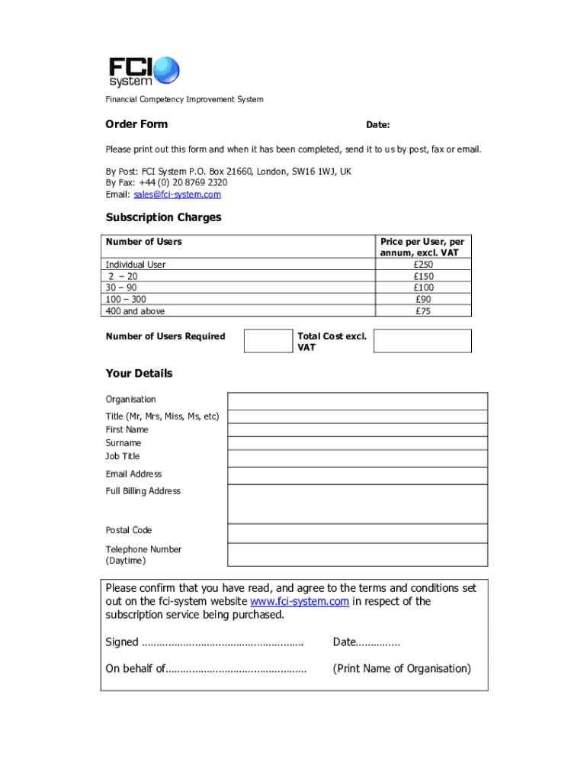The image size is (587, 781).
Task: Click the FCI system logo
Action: [x=143, y=71]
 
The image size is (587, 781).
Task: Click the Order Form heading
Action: [x=136, y=124]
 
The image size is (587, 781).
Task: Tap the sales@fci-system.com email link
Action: [x=177, y=194]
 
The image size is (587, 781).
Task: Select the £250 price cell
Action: [x=423, y=265]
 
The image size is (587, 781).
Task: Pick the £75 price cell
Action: [x=423, y=311]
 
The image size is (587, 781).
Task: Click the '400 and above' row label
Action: [x=135, y=311]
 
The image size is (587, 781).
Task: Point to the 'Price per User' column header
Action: [x=422, y=247]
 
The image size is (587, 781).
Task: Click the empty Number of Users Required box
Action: [x=268, y=341]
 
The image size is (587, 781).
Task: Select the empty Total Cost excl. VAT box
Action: [x=422, y=341]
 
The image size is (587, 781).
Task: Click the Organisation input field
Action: [x=358, y=401]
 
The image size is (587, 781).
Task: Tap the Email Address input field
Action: [x=358, y=476]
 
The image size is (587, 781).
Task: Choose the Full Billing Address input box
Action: [x=358, y=504]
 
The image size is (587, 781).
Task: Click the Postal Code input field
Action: [x=358, y=532]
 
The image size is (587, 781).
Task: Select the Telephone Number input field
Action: [x=358, y=554]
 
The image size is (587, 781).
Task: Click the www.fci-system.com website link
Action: [x=305, y=601]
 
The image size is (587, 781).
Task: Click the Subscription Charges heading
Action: [x=163, y=217]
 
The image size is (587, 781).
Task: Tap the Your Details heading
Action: [x=139, y=373]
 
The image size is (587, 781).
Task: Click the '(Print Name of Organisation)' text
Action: [x=402, y=669]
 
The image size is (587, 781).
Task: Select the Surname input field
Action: [x=358, y=443]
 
